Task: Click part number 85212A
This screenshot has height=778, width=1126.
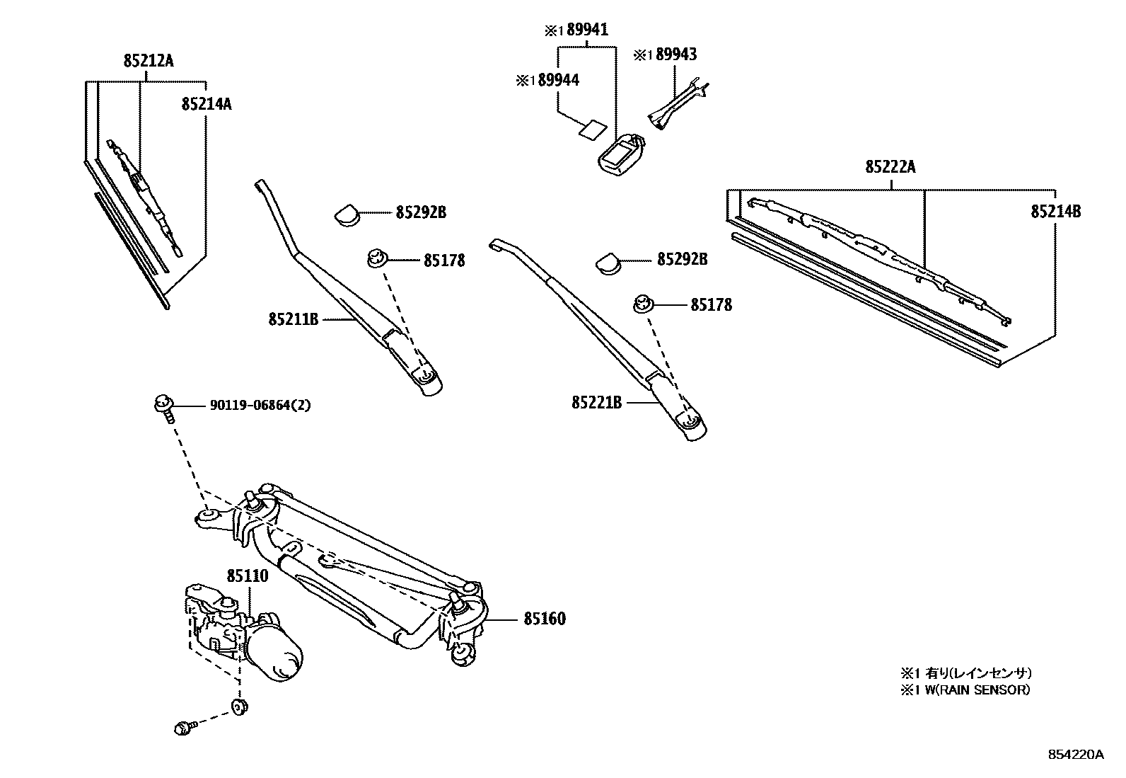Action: coord(148,61)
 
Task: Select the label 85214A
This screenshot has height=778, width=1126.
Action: coord(206,104)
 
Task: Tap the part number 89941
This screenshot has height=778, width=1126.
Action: coord(584,30)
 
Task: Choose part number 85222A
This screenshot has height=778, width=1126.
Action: coord(890,167)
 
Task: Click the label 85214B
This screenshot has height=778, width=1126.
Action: coord(1055,211)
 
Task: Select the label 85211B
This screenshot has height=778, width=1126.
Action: coord(294,320)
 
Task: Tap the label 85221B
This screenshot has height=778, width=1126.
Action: coord(596,402)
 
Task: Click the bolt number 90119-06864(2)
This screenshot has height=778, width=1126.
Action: coord(260,406)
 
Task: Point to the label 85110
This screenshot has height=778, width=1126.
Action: coord(248,576)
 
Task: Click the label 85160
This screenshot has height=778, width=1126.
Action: coord(544,619)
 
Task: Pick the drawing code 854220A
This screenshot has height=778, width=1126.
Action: coord(1074,755)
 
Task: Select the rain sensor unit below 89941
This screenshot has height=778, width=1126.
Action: coord(620,152)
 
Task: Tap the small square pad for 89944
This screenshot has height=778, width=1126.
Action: coord(591,129)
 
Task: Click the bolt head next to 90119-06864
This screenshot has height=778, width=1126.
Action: coord(161,404)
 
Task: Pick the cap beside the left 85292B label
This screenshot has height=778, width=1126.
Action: coord(347,213)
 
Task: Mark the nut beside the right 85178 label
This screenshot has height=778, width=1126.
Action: coord(642,304)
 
